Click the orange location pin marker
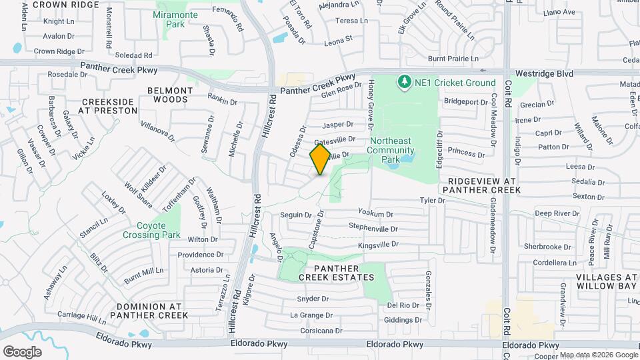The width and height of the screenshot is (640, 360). click(321, 159)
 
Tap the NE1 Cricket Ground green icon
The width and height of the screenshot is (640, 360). click(403, 83)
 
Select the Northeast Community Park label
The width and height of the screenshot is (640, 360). click(394, 150)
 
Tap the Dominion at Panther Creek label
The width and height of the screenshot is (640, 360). click(153, 311)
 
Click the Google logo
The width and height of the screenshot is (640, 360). click(22, 351)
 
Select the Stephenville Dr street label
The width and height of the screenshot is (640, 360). click(373, 229)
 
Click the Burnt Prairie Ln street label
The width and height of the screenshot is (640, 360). click(453, 59)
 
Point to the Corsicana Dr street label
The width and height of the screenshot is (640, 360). click(321, 331)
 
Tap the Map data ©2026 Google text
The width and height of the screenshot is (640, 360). click(598, 355)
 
